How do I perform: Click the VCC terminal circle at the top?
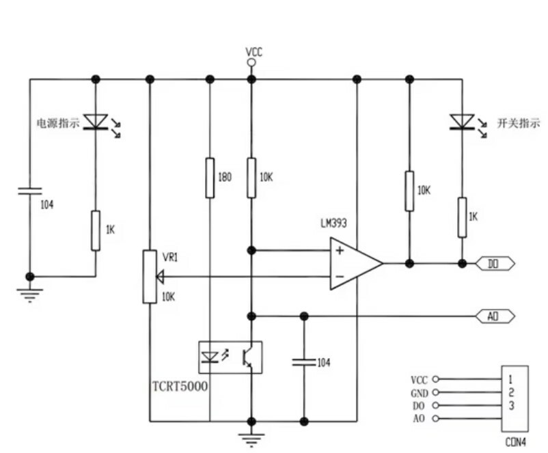251,63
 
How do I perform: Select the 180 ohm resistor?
210,178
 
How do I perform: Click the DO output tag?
495,264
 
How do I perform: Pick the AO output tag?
495,316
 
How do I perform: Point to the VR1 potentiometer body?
150,277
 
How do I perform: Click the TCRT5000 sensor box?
230,357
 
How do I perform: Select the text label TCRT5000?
180,386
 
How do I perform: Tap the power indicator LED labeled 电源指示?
96,122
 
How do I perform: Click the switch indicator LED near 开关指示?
463,122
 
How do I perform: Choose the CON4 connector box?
515,399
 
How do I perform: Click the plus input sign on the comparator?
340,250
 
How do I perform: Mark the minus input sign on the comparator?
340,277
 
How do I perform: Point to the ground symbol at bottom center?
251,440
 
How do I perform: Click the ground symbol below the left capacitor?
30,295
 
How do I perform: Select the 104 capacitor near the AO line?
304,362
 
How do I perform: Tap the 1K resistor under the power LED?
96,231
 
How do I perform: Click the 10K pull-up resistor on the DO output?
409,191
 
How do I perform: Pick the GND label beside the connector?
419,394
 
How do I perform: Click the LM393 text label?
333,223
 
